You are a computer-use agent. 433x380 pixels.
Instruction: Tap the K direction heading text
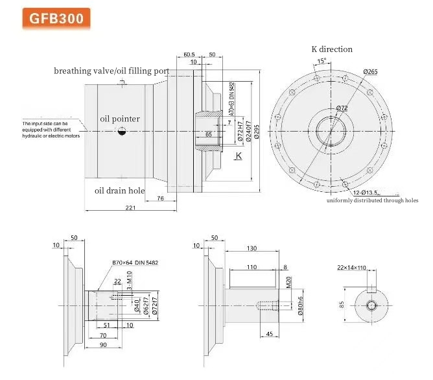tap(333, 49)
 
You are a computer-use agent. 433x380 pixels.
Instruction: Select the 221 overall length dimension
tap(130, 207)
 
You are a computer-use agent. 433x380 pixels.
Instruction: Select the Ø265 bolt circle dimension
tap(371, 71)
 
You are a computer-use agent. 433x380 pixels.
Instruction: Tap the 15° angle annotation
tap(322, 62)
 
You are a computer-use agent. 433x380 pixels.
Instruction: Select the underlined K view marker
tap(239, 156)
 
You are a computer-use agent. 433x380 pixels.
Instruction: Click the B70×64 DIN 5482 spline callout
tap(135, 263)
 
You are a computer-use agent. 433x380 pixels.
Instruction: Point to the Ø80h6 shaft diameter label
tap(301, 306)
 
